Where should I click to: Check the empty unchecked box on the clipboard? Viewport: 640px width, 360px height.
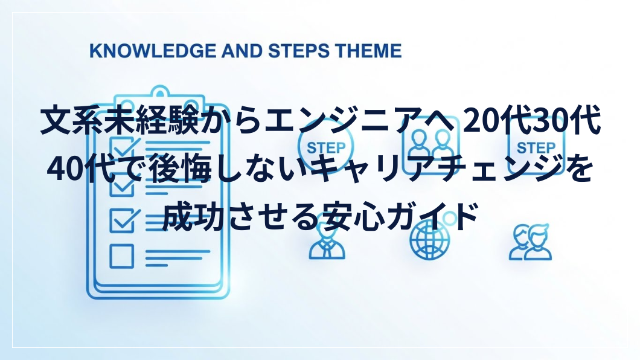pos(121,256)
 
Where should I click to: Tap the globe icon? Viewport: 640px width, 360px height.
pos(429,242)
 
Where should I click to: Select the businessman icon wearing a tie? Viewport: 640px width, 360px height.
pos(327,243)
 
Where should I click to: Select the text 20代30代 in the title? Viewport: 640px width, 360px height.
pos(531,120)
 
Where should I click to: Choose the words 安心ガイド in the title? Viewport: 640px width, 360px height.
pos(398,216)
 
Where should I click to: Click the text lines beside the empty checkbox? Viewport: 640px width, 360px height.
pos(178,258)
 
